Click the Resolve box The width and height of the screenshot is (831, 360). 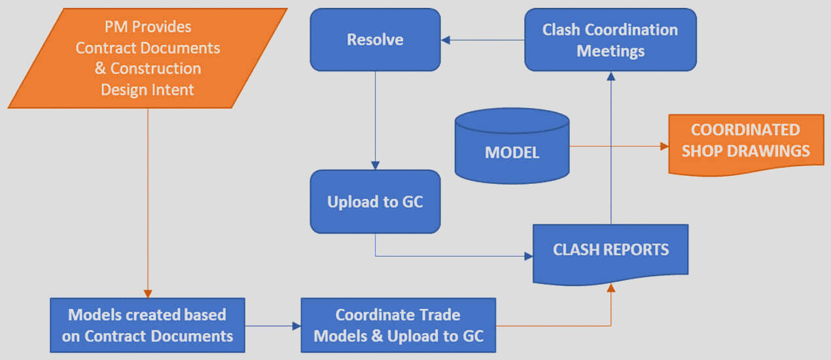pyautogui.click(x=376, y=40)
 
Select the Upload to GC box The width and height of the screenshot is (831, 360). pyautogui.click(x=376, y=202)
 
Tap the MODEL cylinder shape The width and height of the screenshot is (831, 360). pyautogui.click(x=512, y=146)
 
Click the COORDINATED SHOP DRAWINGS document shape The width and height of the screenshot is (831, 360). pyautogui.click(x=747, y=145)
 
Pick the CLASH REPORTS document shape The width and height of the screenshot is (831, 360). pyautogui.click(x=610, y=254)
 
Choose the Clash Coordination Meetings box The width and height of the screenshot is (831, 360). pyautogui.click(x=610, y=40)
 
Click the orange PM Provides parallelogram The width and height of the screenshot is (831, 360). pyautogui.click(x=148, y=58)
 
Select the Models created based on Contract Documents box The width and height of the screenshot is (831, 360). pyautogui.click(x=148, y=325)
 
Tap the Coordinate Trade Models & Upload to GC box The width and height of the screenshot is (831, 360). pyautogui.click(x=398, y=325)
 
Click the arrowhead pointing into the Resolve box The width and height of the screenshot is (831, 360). pyautogui.click(x=446, y=40)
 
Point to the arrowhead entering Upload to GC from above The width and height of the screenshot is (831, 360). pyautogui.click(x=376, y=166)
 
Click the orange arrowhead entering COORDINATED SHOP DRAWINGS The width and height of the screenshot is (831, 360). pyautogui.click(x=664, y=146)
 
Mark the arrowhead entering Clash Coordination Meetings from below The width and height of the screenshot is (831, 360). pyautogui.click(x=611, y=76)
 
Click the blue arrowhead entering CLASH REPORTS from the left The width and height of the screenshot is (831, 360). pyautogui.click(x=528, y=256)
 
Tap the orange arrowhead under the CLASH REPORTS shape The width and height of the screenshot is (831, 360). pyautogui.click(x=611, y=288)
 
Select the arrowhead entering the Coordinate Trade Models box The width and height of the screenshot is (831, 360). pyautogui.click(x=296, y=326)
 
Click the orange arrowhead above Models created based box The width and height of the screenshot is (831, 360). pyautogui.click(x=148, y=294)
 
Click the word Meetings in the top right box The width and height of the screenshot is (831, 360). pyautogui.click(x=610, y=51)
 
